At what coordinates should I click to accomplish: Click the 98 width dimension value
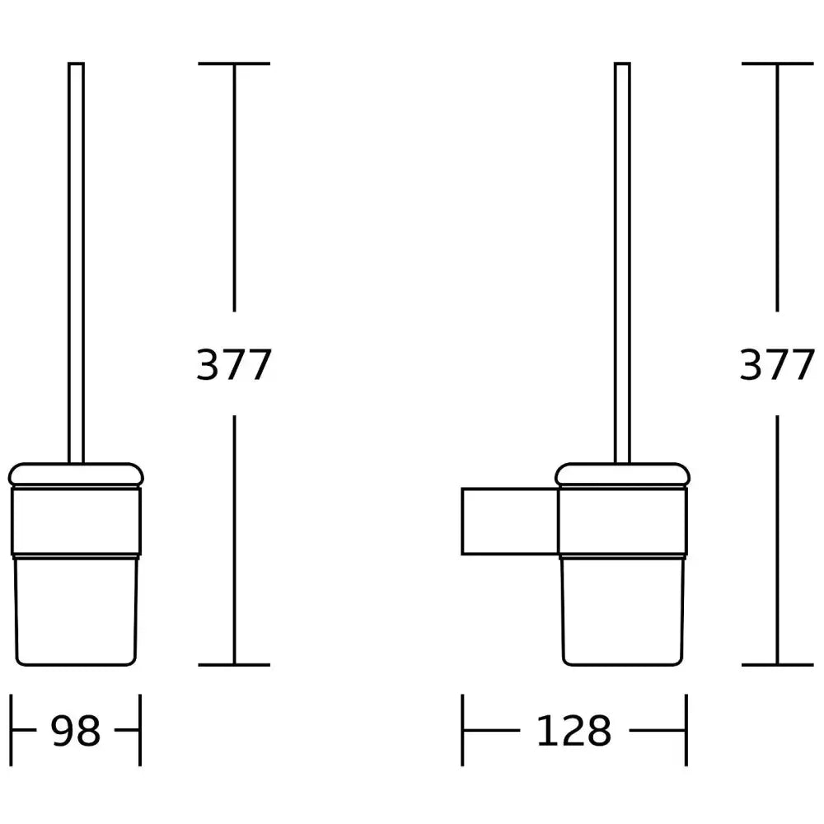[x=75, y=730]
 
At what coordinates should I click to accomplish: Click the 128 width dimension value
[x=574, y=730]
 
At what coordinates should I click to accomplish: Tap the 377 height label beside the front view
[x=234, y=364]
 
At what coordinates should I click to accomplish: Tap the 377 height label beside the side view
[x=777, y=364]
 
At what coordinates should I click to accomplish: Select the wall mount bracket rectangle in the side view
[x=510, y=522]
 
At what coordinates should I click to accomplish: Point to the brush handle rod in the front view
[x=76, y=263]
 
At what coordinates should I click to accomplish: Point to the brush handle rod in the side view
[x=622, y=263]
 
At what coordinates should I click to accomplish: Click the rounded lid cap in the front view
[x=76, y=475]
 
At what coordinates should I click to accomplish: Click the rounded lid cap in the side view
[x=622, y=475]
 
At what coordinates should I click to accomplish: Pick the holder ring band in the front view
[x=76, y=522]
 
